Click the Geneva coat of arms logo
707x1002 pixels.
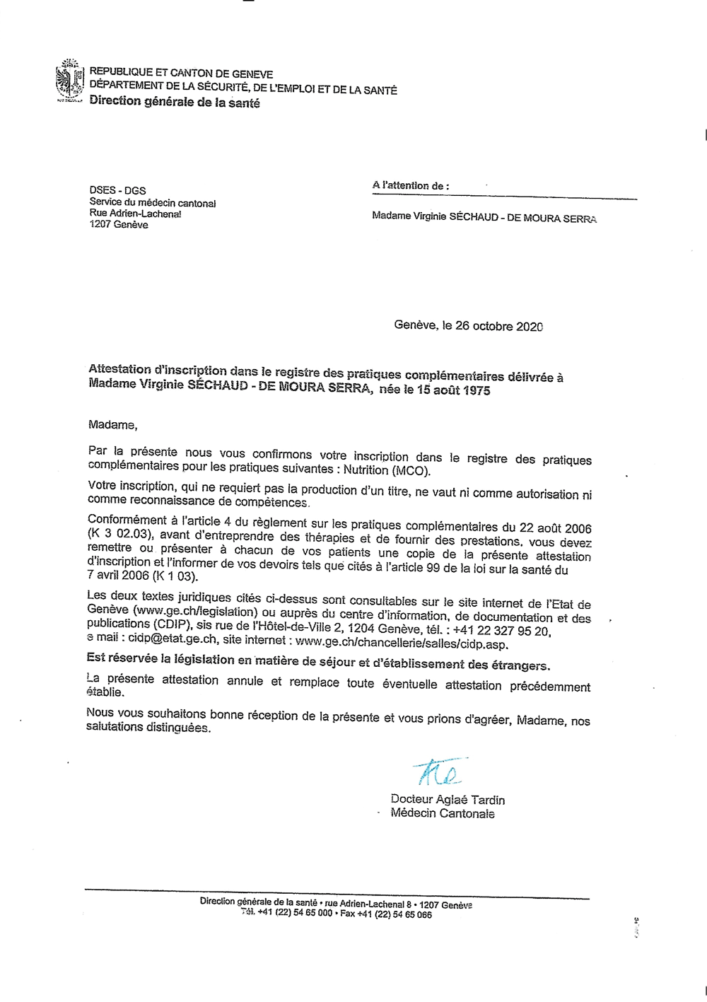(x=69, y=83)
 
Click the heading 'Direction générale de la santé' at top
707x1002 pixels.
(x=175, y=103)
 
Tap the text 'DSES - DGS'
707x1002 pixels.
(x=117, y=190)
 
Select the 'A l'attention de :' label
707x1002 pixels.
(x=410, y=185)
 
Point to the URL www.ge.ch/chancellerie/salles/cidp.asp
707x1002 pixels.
(x=402, y=643)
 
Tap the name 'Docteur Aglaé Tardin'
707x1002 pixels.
(x=448, y=800)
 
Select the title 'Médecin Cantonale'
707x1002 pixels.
(x=443, y=813)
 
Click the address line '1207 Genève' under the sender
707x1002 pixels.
(x=119, y=225)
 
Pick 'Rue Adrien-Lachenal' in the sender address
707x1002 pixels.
(x=135, y=214)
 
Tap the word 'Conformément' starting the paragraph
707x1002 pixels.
(x=127, y=520)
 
